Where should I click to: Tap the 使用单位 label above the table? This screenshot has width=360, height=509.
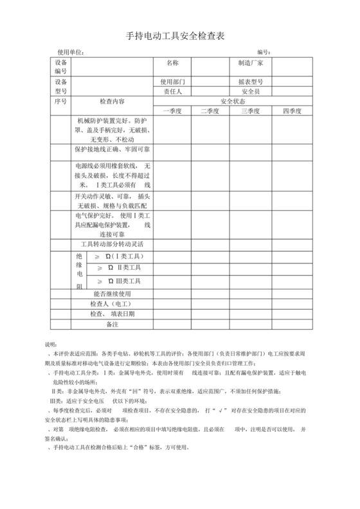71,52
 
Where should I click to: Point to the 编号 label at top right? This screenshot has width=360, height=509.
262,52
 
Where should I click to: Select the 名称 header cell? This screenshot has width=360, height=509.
172,63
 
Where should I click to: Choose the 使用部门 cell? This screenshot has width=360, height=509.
172,82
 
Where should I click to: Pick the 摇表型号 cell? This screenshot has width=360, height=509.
251,82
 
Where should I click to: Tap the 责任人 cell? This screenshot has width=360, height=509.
172,92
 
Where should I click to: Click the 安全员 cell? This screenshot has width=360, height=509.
250,92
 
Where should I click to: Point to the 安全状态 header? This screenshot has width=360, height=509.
232,102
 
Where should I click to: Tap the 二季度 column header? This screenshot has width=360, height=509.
210,111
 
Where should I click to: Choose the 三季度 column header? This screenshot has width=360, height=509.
251,111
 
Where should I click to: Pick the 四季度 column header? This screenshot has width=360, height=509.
291,111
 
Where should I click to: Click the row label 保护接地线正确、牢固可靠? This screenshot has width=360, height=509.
113,149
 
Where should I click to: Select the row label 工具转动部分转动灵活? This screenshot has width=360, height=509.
113,245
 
